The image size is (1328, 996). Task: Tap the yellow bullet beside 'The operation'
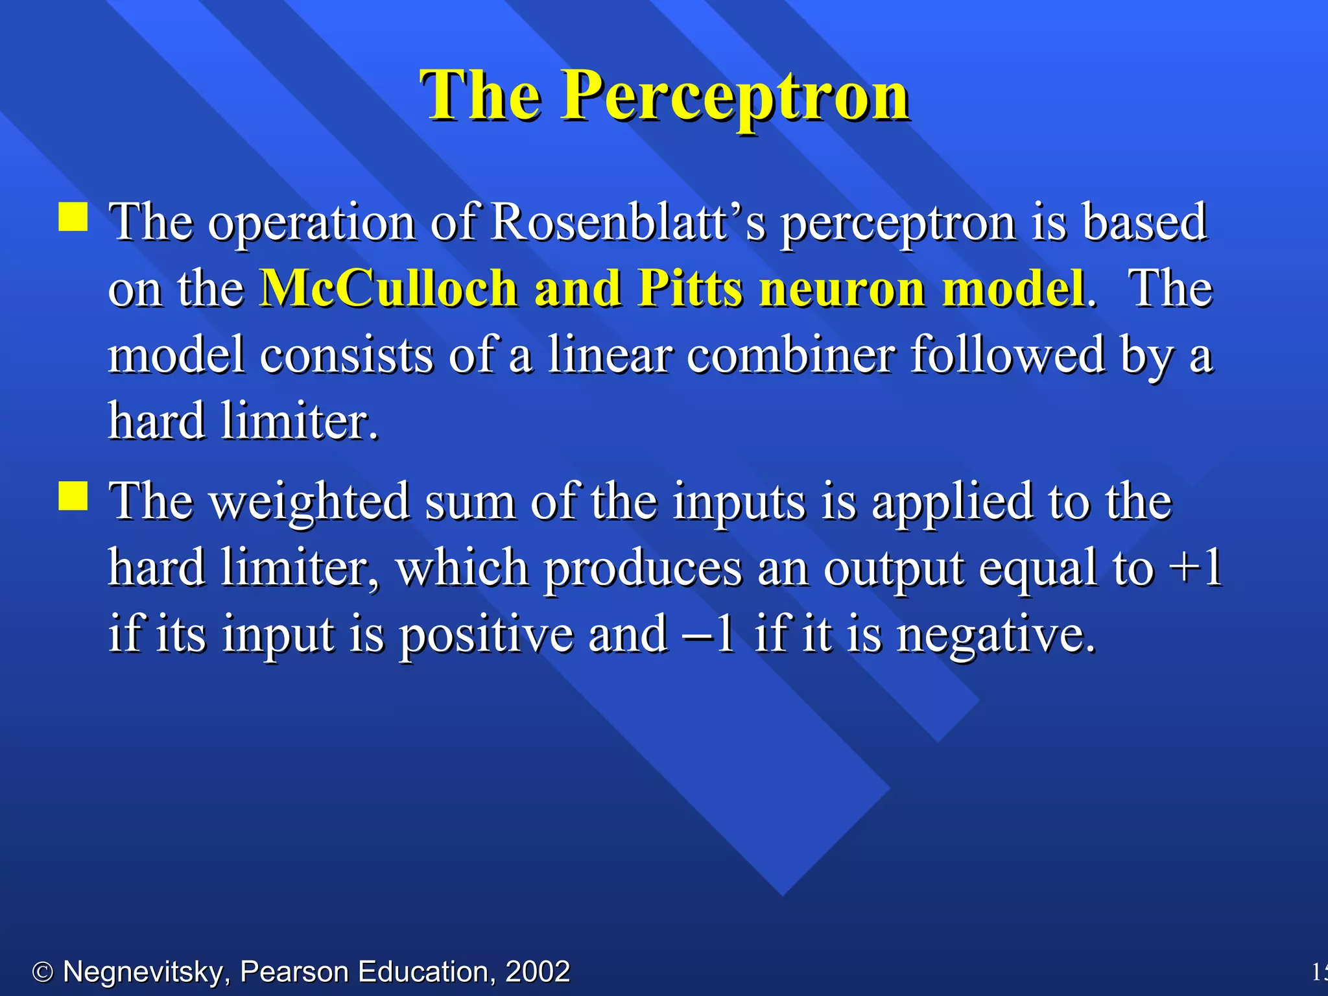tap(73, 217)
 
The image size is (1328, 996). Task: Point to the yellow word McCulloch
tap(388, 288)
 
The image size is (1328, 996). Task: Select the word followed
tap(1008, 355)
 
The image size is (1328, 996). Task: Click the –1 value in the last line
tap(708, 634)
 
